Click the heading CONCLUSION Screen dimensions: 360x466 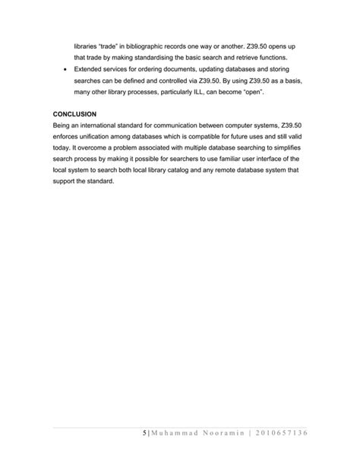coord(75,114)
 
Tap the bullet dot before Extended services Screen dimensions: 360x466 coord(67,69)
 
